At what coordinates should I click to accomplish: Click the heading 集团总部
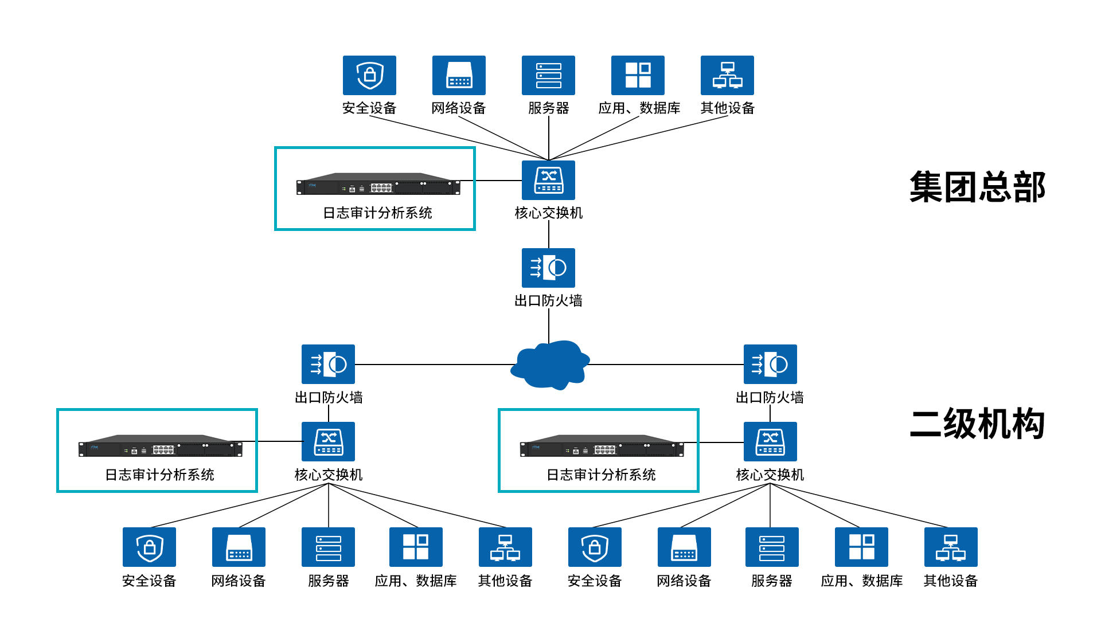coord(977,187)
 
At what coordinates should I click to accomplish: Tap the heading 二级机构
coord(977,424)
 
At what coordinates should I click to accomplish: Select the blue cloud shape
coord(549,365)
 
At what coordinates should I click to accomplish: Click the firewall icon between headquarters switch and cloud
coord(548,268)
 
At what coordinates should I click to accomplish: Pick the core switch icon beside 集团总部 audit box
coord(548,181)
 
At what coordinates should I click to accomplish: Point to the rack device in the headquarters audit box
coord(378,185)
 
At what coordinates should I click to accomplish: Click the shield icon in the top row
coord(369,75)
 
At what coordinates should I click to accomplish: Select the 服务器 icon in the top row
coord(548,75)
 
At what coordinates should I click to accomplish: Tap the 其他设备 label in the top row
coord(727,108)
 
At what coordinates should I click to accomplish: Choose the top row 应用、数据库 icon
coord(638,75)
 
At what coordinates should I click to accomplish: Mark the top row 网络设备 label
coord(459,108)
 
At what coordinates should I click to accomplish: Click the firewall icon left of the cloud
coord(328,364)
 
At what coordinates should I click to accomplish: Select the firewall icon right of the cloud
coord(770,364)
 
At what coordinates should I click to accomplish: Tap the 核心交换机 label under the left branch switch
coord(328,475)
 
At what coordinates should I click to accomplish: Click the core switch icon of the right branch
coord(770,441)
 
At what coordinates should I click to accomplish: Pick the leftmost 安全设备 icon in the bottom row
coord(149,547)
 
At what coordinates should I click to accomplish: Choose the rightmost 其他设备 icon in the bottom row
coord(951,547)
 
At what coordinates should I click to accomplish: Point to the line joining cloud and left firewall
coord(433,365)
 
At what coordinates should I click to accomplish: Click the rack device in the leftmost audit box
coord(160,446)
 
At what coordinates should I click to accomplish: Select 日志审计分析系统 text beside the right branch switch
coord(601,475)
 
